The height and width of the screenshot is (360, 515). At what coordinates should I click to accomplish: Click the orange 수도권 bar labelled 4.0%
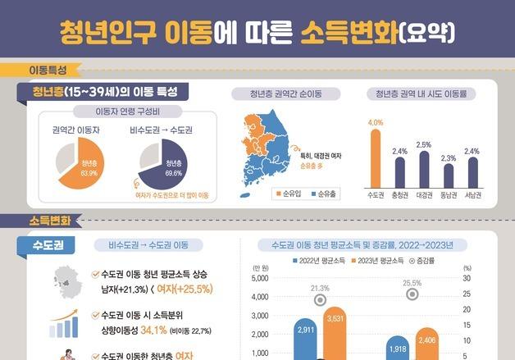(x=376, y=158)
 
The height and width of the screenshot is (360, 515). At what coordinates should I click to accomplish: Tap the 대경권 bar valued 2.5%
(x=424, y=170)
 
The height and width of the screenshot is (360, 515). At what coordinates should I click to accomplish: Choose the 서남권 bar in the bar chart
(x=473, y=172)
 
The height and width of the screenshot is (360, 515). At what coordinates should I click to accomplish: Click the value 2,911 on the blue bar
(x=306, y=329)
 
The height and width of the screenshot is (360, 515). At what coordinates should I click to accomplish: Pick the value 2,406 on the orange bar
(x=426, y=339)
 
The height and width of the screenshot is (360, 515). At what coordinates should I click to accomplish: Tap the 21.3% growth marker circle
(x=320, y=299)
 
